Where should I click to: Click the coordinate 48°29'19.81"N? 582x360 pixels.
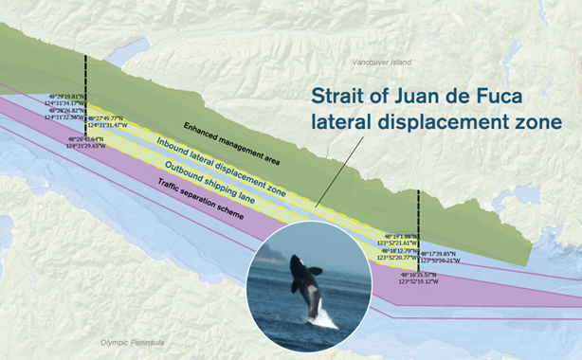[67, 96]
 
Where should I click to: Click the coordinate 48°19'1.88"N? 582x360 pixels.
[402, 237]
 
